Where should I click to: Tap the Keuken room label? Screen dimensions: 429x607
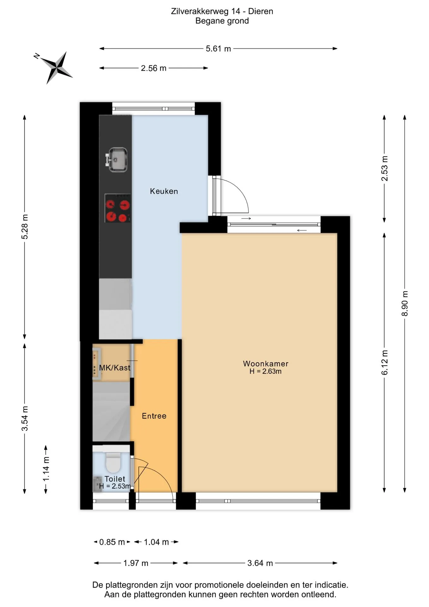pyautogui.click(x=164, y=191)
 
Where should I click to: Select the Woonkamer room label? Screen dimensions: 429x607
pyautogui.click(x=265, y=364)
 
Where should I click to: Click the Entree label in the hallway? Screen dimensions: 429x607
pyautogui.click(x=154, y=416)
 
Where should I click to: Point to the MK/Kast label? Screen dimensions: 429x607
pyautogui.click(x=115, y=368)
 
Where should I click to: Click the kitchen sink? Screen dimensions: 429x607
pyautogui.click(x=117, y=160)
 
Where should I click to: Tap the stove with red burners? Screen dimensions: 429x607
pyautogui.click(x=118, y=208)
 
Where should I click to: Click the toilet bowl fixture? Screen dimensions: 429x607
pyautogui.click(x=113, y=462)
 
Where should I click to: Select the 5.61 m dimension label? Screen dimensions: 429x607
pyautogui.click(x=218, y=49)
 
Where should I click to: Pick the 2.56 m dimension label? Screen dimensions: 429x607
pyautogui.click(x=154, y=68)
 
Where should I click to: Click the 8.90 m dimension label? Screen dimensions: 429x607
pyautogui.click(x=405, y=303)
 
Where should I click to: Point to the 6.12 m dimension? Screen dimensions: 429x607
pyautogui.click(x=384, y=363)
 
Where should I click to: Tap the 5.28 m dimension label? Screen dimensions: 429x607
pyautogui.click(x=25, y=227)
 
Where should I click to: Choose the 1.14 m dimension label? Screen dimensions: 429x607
pyautogui.click(x=46, y=469)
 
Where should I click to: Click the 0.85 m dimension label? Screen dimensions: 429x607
pyautogui.click(x=112, y=542)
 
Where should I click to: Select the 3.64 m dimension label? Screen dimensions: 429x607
pyautogui.click(x=260, y=563)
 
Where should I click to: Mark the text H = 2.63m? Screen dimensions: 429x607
pyautogui.click(x=265, y=371)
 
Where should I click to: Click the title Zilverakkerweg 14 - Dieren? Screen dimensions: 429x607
pyautogui.click(x=222, y=11)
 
